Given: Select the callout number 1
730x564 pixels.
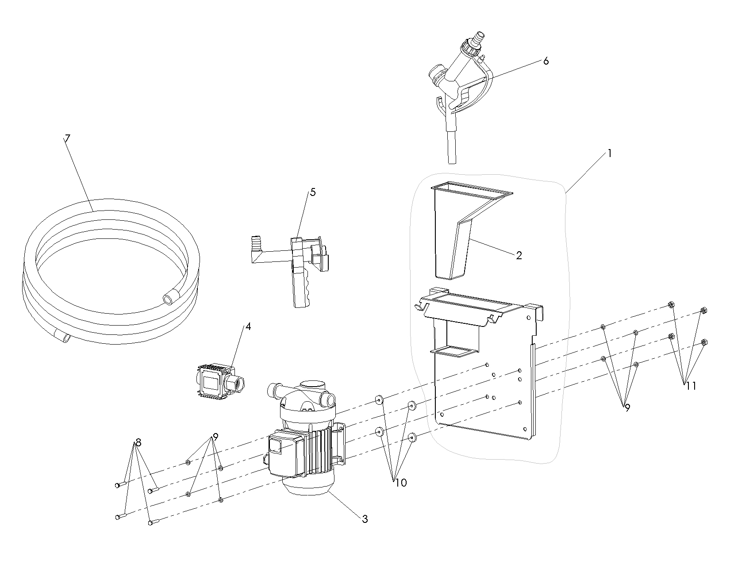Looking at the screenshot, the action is [x=609, y=153].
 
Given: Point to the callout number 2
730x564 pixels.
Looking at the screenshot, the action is [x=519, y=255].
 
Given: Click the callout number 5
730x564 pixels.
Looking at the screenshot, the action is [x=313, y=192].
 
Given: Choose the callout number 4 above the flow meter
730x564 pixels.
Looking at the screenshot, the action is [x=248, y=326].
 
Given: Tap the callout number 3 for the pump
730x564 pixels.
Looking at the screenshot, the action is [x=365, y=519].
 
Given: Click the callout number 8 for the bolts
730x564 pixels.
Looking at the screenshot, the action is [x=138, y=443].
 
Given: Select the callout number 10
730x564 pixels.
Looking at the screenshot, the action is [x=401, y=483].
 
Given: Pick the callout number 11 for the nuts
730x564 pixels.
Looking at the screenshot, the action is [x=691, y=386].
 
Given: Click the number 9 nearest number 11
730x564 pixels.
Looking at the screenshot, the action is [x=627, y=408].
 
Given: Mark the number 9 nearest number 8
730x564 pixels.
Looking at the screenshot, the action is [x=215, y=437].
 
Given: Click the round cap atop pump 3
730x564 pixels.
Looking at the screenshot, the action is [x=313, y=384].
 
